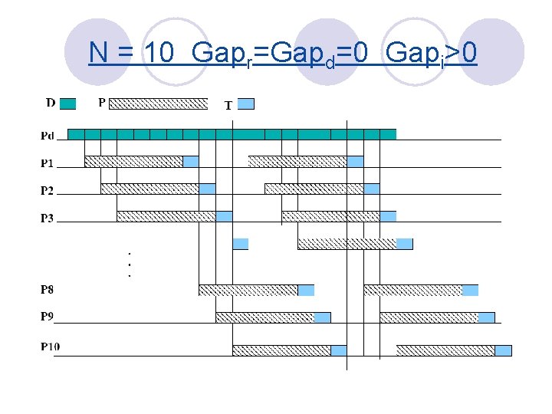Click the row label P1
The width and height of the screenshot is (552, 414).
[x=48, y=163]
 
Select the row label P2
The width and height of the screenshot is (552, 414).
[x=48, y=190]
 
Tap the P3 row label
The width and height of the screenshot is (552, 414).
[x=48, y=218]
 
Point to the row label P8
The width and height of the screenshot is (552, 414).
[x=48, y=290]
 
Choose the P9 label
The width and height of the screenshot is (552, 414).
[x=48, y=316]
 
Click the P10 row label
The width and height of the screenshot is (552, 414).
[x=50, y=347]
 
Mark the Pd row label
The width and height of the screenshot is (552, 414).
[x=48, y=136]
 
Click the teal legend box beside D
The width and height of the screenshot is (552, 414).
[x=67, y=103]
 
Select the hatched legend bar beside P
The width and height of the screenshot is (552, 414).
[x=164, y=103]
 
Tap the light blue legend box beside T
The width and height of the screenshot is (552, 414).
[x=246, y=103]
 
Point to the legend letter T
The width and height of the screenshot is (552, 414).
[x=228, y=105]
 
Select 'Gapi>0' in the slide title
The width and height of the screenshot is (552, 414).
[x=432, y=53]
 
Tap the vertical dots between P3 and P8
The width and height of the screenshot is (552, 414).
[x=129, y=264]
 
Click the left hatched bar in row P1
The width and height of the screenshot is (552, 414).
[x=133, y=162]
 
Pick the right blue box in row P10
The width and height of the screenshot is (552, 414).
[x=503, y=350]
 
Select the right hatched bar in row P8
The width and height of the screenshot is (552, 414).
[x=412, y=291]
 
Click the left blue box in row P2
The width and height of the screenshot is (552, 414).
[x=207, y=189]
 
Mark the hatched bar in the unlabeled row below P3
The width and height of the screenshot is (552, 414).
[x=347, y=244]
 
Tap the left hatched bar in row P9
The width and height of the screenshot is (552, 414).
[x=264, y=317]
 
